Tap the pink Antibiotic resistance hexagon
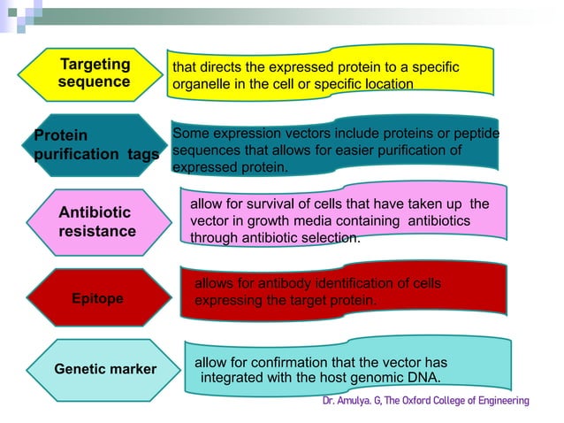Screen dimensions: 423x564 coord(96,222)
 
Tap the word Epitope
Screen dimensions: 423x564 coord(97,299)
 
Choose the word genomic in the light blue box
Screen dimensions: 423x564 coord(365,378)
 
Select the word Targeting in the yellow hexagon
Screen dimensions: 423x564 coord(95,65)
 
